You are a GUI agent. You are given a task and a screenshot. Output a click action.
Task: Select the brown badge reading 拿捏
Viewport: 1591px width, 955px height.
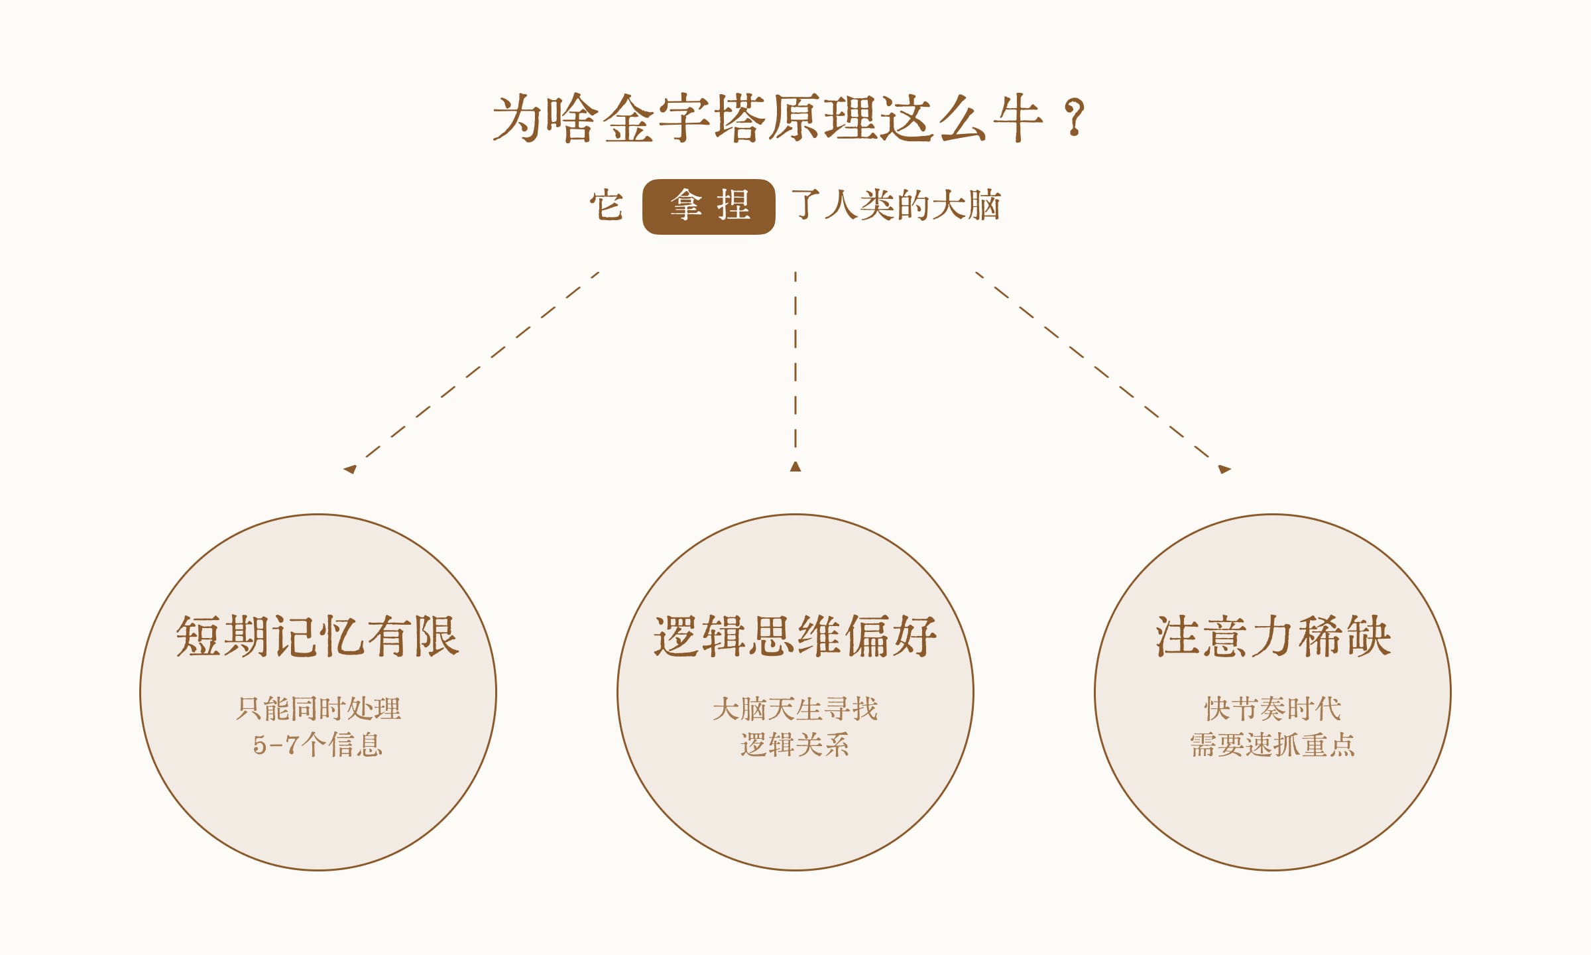click(709, 206)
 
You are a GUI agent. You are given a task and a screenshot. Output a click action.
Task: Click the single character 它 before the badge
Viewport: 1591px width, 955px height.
click(607, 206)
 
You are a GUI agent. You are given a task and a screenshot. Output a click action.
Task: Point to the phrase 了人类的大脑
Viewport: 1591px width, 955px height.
click(896, 205)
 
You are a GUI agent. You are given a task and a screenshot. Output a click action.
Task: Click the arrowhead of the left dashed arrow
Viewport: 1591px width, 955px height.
click(349, 469)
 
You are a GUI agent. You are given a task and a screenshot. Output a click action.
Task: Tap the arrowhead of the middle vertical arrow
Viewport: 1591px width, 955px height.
click(795, 466)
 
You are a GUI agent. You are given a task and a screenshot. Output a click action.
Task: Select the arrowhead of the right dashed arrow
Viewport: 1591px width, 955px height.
click(1224, 469)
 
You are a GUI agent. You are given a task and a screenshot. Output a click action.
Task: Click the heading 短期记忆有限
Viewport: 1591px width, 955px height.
click(318, 637)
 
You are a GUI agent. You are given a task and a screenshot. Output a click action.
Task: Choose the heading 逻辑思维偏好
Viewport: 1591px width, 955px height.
click(795, 637)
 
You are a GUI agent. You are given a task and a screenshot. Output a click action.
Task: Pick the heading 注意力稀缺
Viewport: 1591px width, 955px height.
click(1273, 637)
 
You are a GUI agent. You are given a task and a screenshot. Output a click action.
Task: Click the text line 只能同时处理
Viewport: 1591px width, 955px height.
click(318, 709)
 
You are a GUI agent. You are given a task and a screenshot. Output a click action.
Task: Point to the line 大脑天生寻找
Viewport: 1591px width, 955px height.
click(795, 709)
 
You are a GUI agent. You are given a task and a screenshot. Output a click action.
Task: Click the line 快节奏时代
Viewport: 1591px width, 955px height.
click(1273, 709)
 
